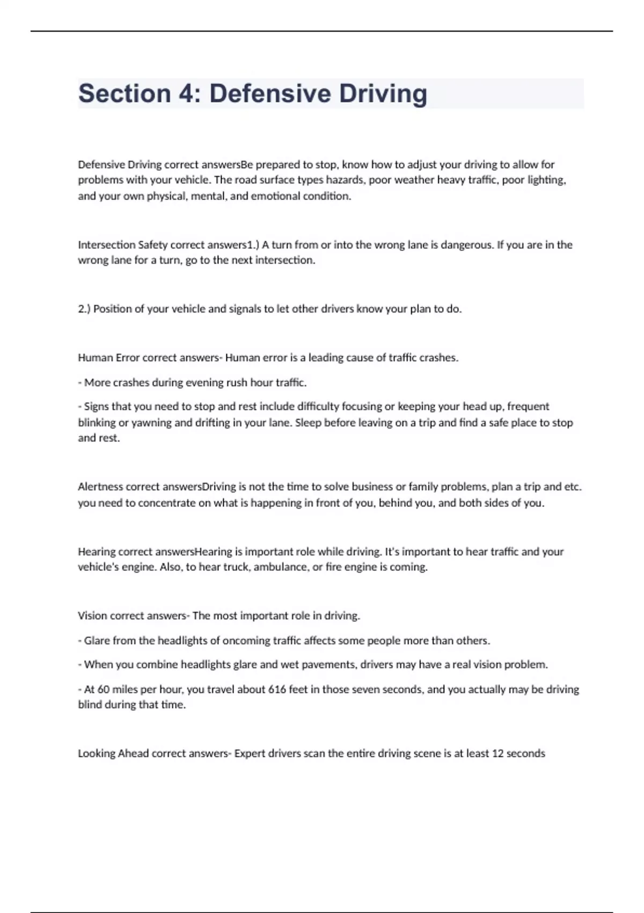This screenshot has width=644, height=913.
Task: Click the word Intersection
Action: click(x=106, y=245)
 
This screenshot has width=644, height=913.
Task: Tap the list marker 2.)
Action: click(x=84, y=309)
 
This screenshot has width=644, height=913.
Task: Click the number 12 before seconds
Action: click(x=497, y=753)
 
